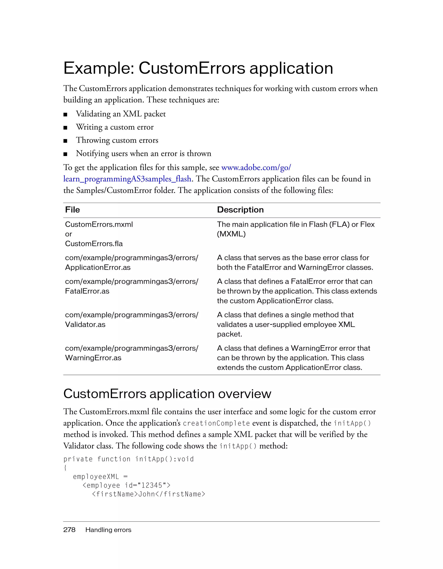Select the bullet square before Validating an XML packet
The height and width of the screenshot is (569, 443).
tap(66, 115)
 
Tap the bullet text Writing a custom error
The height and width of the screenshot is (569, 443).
tap(115, 127)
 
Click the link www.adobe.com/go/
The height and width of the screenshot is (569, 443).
tap(256, 167)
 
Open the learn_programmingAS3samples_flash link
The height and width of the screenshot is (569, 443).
tap(127, 179)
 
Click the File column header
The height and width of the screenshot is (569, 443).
tap(72, 210)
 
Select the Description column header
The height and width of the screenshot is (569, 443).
tap(240, 210)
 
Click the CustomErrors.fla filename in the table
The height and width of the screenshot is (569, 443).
tap(94, 244)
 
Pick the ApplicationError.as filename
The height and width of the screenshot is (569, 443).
tap(98, 267)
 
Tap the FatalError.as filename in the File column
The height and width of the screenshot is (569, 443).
tap(87, 291)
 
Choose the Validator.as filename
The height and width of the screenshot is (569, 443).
tap(85, 324)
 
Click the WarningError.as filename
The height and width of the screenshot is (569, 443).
tap(93, 358)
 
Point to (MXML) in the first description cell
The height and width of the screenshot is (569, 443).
tap(231, 234)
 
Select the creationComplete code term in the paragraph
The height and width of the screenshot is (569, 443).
tap(216, 423)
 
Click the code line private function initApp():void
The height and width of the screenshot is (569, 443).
tap(128, 459)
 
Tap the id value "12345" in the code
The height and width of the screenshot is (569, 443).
tap(152, 485)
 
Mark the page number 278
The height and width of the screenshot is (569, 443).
tap(69, 530)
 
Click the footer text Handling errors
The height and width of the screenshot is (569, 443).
tap(108, 530)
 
